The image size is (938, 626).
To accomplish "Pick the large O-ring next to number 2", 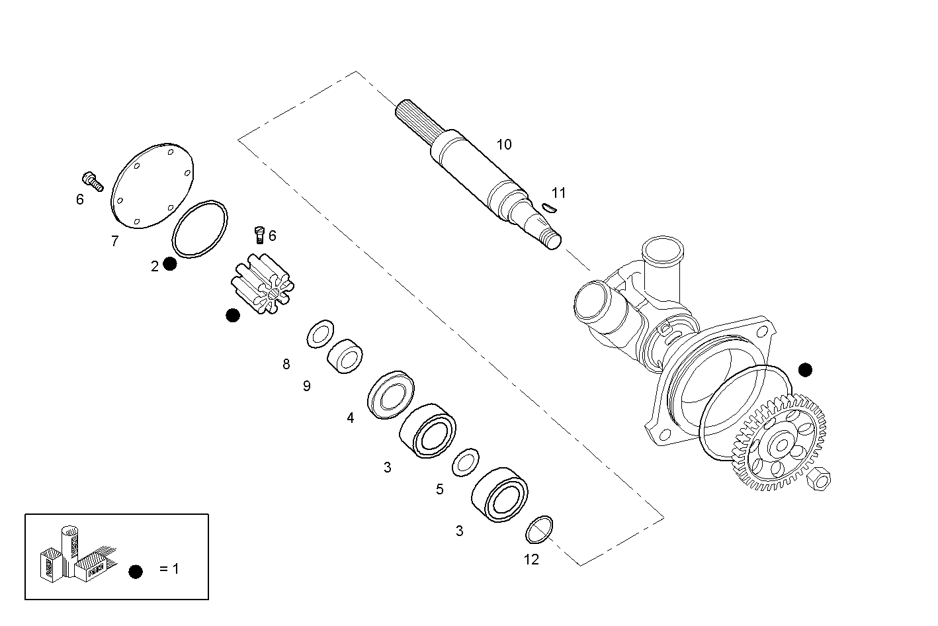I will click(x=199, y=228).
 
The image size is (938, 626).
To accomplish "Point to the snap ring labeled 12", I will click(x=539, y=529).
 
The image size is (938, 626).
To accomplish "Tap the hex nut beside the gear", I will click(x=819, y=478).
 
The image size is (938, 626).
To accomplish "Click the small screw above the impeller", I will click(x=259, y=234).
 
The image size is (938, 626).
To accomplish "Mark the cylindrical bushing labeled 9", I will click(x=345, y=356).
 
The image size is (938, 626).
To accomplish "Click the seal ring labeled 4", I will click(x=390, y=394).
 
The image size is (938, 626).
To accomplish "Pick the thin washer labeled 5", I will click(x=466, y=461).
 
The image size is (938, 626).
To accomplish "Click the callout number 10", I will click(x=504, y=145).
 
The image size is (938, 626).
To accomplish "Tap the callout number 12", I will click(x=531, y=560).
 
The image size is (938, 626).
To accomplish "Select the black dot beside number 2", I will click(x=170, y=264).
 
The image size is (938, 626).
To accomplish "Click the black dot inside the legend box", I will click(x=136, y=572).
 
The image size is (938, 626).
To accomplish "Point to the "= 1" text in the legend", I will click(x=169, y=569).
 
